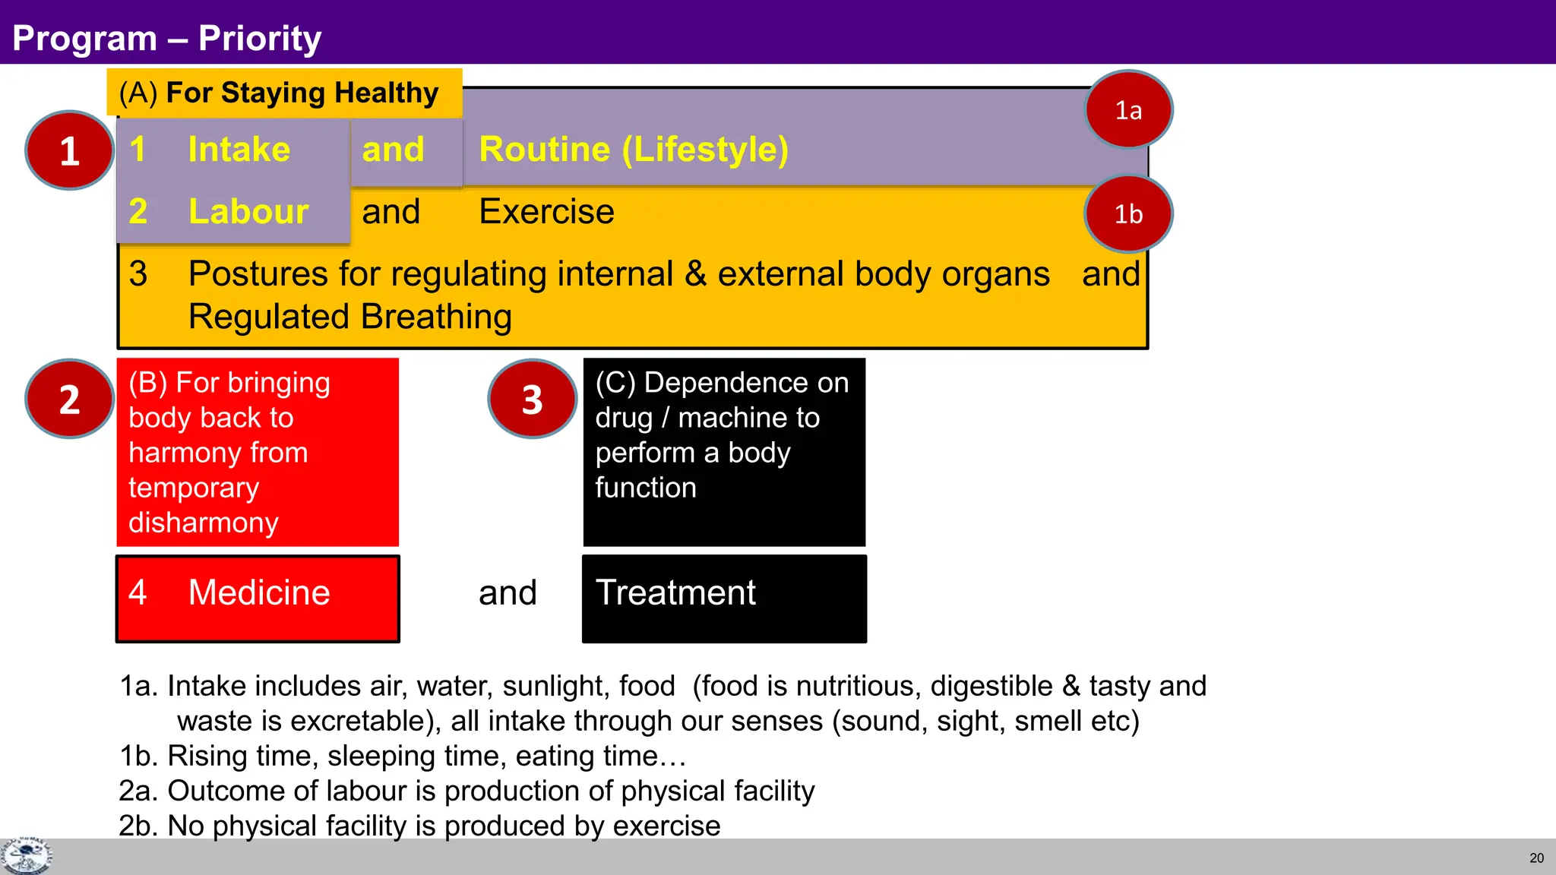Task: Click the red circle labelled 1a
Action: (x=1128, y=110)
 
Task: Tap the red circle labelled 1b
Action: (x=1128, y=214)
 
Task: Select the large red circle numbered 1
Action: (x=69, y=150)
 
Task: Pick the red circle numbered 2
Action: (x=69, y=399)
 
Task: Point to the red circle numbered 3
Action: (x=532, y=399)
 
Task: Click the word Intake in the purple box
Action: (x=239, y=150)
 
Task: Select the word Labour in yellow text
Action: (x=248, y=212)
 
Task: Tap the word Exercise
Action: (x=546, y=212)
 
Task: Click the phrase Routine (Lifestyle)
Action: (x=634, y=150)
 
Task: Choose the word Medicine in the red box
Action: (x=259, y=592)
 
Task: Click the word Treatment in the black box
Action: (x=675, y=592)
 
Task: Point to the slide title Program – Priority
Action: (x=167, y=38)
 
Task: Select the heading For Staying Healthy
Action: (x=302, y=93)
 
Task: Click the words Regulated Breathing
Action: (x=350, y=317)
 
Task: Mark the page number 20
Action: (x=1536, y=858)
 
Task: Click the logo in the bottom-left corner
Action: (x=27, y=857)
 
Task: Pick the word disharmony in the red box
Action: (x=204, y=523)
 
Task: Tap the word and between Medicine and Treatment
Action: (x=508, y=592)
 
